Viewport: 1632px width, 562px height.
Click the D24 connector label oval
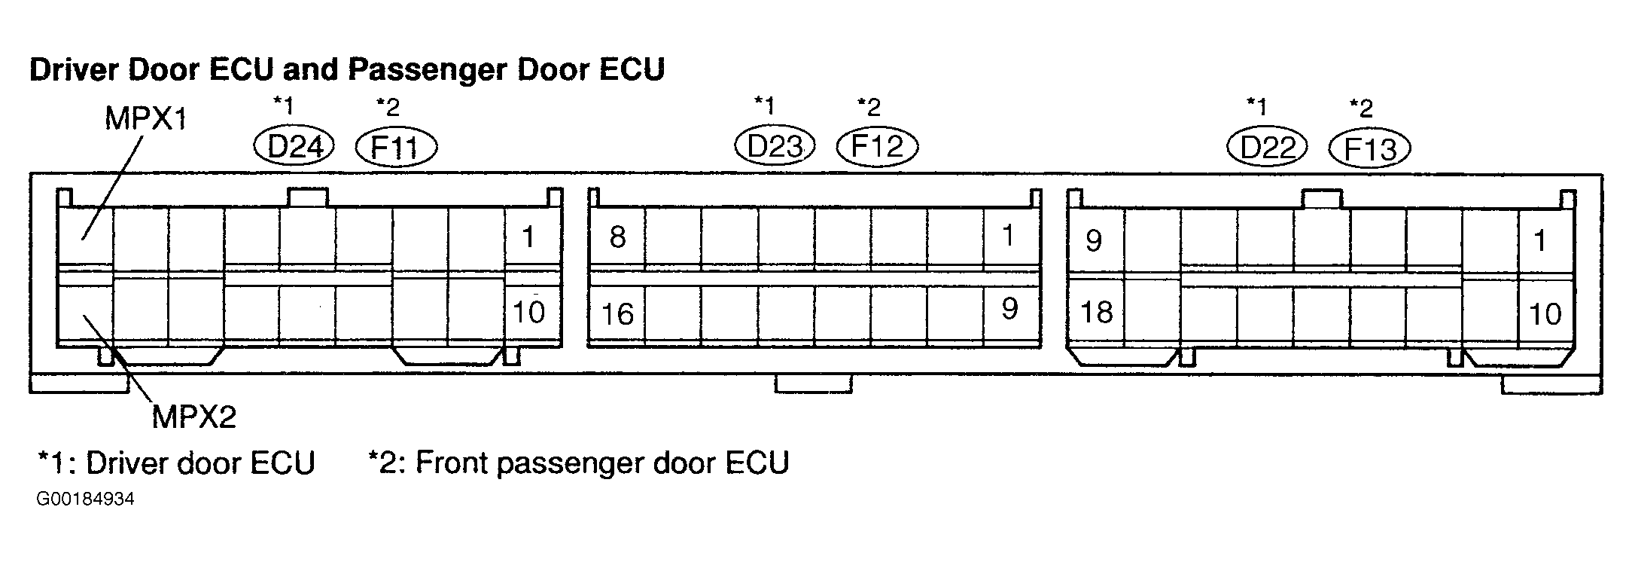tap(294, 146)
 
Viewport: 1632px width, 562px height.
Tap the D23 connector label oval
tap(775, 145)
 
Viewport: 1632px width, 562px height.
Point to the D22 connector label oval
tap(1267, 146)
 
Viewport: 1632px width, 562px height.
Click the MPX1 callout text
tap(145, 119)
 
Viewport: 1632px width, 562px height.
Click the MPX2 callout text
tap(194, 417)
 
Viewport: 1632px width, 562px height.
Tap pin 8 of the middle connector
tap(617, 237)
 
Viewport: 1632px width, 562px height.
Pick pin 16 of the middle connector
tap(617, 313)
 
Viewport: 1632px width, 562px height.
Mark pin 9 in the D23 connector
tap(1010, 308)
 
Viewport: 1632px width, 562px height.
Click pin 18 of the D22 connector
tap(1096, 312)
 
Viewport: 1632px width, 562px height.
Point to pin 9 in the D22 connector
tap(1094, 240)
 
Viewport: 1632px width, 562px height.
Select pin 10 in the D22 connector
tap(1545, 313)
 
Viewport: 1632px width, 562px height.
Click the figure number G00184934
tap(85, 499)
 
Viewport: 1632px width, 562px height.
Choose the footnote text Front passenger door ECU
tap(602, 463)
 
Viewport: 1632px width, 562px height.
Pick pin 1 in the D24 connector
tap(528, 237)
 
